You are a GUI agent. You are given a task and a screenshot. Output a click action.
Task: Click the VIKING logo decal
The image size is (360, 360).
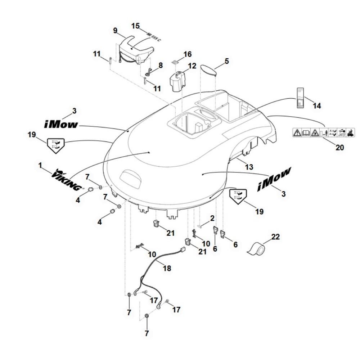pos(67,180)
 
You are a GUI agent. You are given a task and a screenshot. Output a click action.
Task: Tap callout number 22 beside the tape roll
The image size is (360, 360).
pos(275,237)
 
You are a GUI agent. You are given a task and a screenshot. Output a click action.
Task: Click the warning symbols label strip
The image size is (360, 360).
pos(324,133)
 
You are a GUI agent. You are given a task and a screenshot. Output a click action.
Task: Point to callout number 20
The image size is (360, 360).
pos(340,147)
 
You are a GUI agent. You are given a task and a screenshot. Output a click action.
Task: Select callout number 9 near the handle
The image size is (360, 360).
pos(115,31)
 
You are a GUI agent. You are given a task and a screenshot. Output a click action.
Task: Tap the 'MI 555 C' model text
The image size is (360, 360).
pos(154,37)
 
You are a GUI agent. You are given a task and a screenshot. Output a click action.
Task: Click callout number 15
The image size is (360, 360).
pos(135,26)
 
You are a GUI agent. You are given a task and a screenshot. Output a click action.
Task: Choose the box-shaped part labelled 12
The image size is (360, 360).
pos(177,82)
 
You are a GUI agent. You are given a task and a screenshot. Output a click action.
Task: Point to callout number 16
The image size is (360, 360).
pos(188,54)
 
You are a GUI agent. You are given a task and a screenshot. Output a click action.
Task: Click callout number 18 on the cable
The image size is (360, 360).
pos(167,268)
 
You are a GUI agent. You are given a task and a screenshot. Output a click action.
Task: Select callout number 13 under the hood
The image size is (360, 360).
pos(249,167)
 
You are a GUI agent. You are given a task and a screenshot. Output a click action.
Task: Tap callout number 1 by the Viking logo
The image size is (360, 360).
pos(40,165)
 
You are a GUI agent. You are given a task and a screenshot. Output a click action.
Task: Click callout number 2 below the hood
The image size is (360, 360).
pos(212,218)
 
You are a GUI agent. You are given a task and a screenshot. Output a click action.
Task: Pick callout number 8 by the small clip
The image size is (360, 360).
pos(161,66)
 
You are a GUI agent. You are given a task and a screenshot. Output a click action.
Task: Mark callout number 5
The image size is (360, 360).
pos(227,61)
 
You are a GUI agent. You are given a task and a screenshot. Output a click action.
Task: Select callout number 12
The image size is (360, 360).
pos(192,66)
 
